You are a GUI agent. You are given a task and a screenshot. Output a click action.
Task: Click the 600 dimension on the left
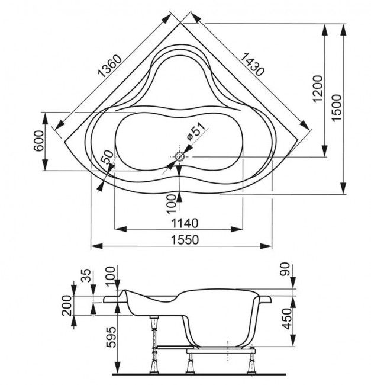(39, 141)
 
